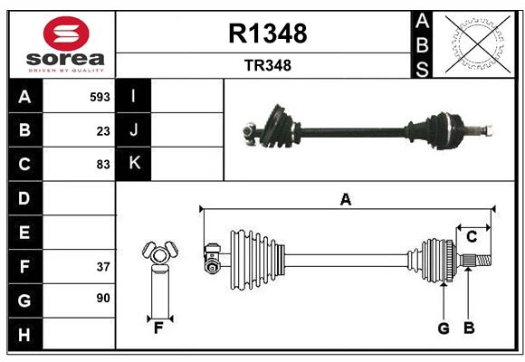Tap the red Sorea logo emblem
click(x=65, y=34)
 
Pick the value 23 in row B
click(x=103, y=130)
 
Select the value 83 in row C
click(x=103, y=165)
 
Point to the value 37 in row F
click(x=103, y=266)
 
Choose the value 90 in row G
click(x=103, y=298)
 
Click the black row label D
click(x=24, y=198)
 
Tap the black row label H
click(x=24, y=334)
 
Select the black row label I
click(x=134, y=97)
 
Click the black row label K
click(x=134, y=164)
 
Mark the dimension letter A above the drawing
click(x=345, y=199)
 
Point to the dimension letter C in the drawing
click(x=472, y=236)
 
